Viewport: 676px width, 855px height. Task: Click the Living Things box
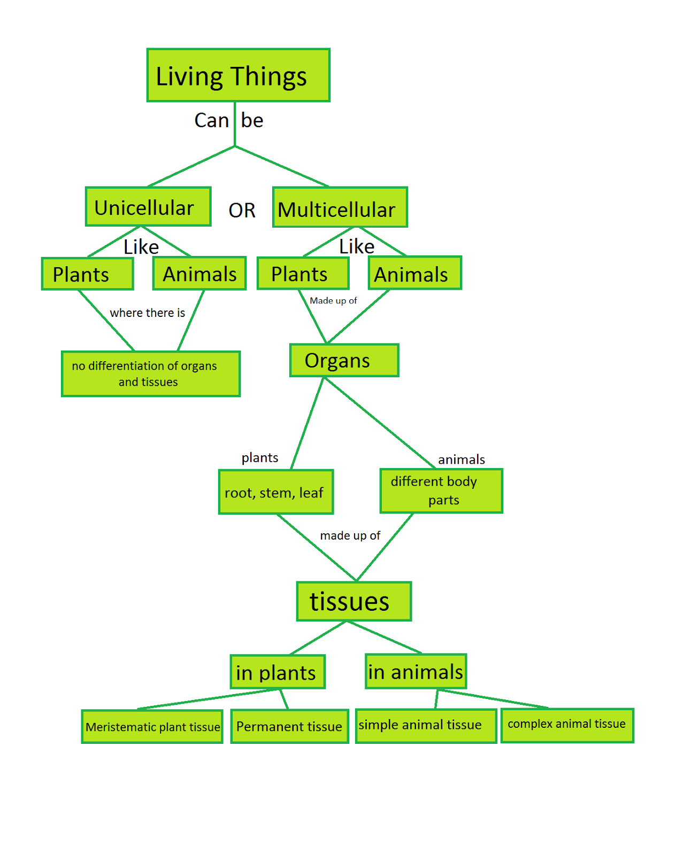(238, 75)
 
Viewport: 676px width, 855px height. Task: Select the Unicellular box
(148, 207)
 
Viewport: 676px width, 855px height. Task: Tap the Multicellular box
(340, 207)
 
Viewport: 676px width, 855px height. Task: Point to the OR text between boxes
(242, 211)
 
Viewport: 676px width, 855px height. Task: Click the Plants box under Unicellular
(87, 274)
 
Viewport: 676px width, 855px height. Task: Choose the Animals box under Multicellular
(414, 274)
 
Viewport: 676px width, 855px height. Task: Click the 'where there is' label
(147, 313)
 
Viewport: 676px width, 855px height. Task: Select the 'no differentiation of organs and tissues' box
(150, 374)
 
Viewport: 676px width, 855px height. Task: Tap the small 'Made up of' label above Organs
(333, 301)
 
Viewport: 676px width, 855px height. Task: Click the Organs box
(344, 361)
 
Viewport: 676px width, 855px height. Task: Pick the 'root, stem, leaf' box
(275, 492)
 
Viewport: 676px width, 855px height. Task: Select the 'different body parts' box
(441, 491)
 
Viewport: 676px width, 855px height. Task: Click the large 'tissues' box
(354, 602)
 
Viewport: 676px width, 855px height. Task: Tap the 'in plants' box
(277, 672)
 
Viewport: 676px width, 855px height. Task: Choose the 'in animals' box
(416, 672)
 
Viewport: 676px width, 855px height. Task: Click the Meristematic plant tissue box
(152, 727)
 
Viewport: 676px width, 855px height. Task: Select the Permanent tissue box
(289, 727)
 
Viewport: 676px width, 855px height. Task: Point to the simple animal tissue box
(425, 726)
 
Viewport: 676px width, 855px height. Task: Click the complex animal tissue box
(567, 725)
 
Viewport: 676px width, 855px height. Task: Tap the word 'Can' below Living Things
(212, 121)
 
